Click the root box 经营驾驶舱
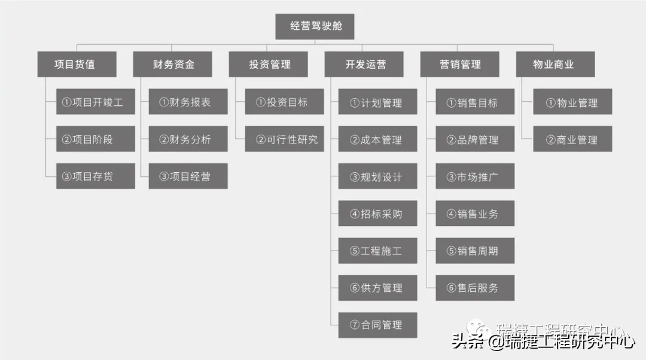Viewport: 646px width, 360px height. (315, 27)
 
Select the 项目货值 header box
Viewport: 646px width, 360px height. (77, 64)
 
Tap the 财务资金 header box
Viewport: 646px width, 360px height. (172, 64)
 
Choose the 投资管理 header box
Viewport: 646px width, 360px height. (268, 64)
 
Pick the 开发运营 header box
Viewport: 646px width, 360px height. (364, 64)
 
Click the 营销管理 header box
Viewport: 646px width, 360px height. (459, 64)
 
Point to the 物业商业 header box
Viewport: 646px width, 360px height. (555, 64)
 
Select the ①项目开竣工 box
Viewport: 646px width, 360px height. (96, 102)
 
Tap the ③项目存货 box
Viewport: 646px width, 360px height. (96, 176)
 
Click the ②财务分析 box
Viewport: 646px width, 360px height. (188, 139)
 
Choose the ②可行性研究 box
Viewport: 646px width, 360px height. (285, 139)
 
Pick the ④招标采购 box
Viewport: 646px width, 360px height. (378, 213)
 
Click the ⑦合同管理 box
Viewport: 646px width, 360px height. (378, 325)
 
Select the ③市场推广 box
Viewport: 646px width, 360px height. (475, 176)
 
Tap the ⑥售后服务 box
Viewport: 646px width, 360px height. (475, 288)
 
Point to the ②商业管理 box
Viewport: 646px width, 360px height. (573, 139)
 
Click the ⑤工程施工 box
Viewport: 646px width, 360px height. (378, 251)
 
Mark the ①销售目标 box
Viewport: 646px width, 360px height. (475, 102)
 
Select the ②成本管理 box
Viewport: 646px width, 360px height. (378, 139)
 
